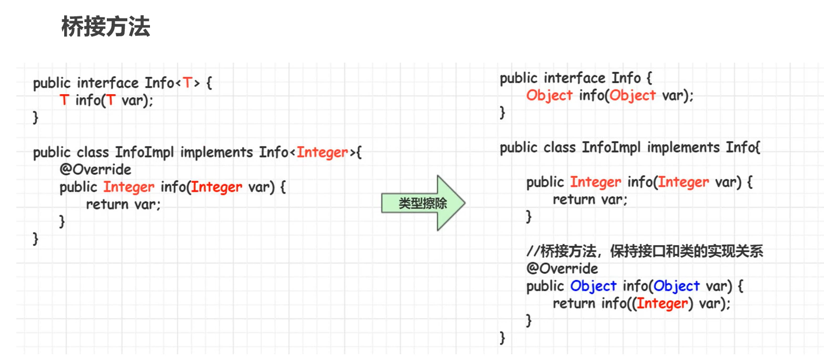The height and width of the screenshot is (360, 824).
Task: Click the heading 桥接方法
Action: (x=106, y=27)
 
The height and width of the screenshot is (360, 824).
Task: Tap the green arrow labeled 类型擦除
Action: (x=423, y=203)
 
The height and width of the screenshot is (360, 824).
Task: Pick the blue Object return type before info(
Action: (x=593, y=286)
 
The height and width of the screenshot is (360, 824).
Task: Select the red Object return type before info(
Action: (x=549, y=96)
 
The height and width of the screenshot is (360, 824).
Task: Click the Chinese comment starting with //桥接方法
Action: (x=645, y=252)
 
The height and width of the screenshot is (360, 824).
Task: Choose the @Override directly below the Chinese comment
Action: (x=562, y=269)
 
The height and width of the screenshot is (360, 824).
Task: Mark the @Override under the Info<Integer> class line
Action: (x=95, y=169)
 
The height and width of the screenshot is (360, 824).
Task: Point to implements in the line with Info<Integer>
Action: (x=217, y=153)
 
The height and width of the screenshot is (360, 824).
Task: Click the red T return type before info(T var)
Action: (x=64, y=101)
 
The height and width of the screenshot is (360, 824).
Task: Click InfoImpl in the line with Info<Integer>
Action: (x=145, y=153)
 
